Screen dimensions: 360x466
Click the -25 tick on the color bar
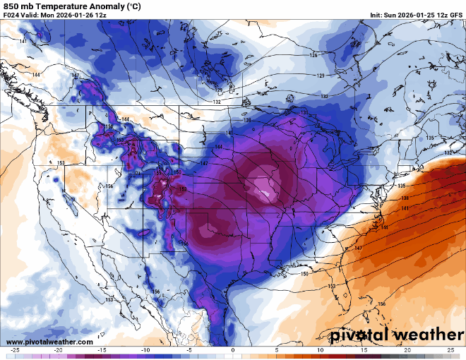tap(16, 350)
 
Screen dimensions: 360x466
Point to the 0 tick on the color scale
tap(232, 350)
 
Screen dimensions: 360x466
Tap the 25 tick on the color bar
tap(450, 350)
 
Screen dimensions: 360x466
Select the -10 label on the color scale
tap(145, 350)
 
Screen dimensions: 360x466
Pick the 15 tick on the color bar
tap(363, 350)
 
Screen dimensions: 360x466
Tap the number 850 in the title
tap(12, 6)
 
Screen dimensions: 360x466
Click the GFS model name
tap(455, 15)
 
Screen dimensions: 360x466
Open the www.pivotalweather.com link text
tap(49, 342)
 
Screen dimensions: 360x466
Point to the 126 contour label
tap(313, 55)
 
